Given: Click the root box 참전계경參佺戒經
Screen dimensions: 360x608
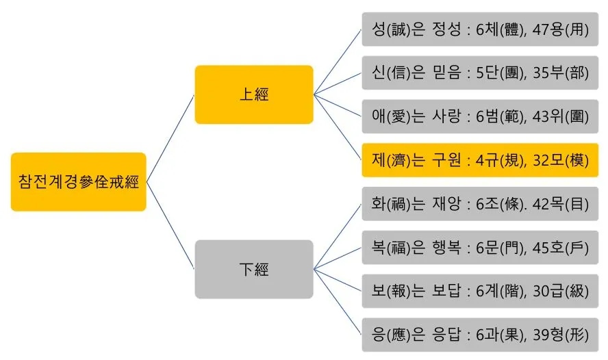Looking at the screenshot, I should [x=78, y=182].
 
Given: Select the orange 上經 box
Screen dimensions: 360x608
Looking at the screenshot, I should [x=253, y=94].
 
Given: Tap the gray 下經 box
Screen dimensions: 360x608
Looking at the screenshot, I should [x=253, y=269].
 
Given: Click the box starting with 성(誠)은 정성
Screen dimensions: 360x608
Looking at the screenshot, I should [x=480, y=29].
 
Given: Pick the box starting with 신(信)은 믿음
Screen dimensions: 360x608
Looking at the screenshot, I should [x=480, y=73].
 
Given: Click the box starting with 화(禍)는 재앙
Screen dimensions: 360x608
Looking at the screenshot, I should [x=480, y=203].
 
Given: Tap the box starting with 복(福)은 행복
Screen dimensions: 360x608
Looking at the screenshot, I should [x=480, y=247].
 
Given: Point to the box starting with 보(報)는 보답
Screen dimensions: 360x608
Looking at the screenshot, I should [x=480, y=290].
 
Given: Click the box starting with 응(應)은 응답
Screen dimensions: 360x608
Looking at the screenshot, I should [x=480, y=334].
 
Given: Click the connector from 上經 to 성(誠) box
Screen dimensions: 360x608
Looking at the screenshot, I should [x=337, y=60].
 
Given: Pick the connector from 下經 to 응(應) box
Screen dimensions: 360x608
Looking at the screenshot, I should [x=337, y=302].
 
